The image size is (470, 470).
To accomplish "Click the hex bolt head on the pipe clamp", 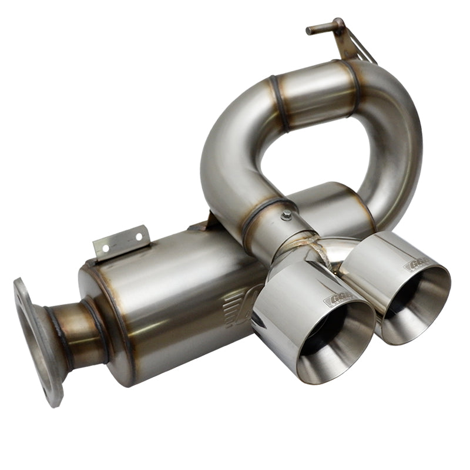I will pos(286,216).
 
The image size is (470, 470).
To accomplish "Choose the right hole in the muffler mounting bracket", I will pos(139,237).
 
